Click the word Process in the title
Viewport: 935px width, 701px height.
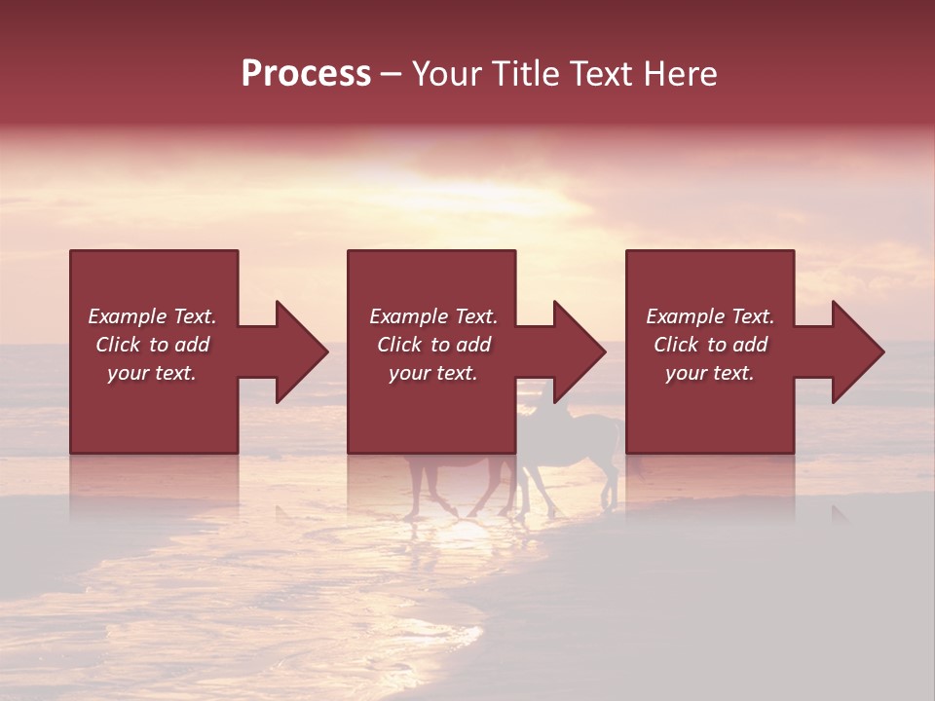[x=306, y=74]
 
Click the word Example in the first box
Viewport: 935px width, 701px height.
[x=127, y=316]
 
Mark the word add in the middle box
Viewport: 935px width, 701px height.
[x=472, y=345]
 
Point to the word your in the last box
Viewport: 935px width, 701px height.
[x=687, y=373]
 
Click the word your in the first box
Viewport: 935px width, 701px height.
[x=129, y=373]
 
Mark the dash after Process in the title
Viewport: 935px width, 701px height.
[x=391, y=74]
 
